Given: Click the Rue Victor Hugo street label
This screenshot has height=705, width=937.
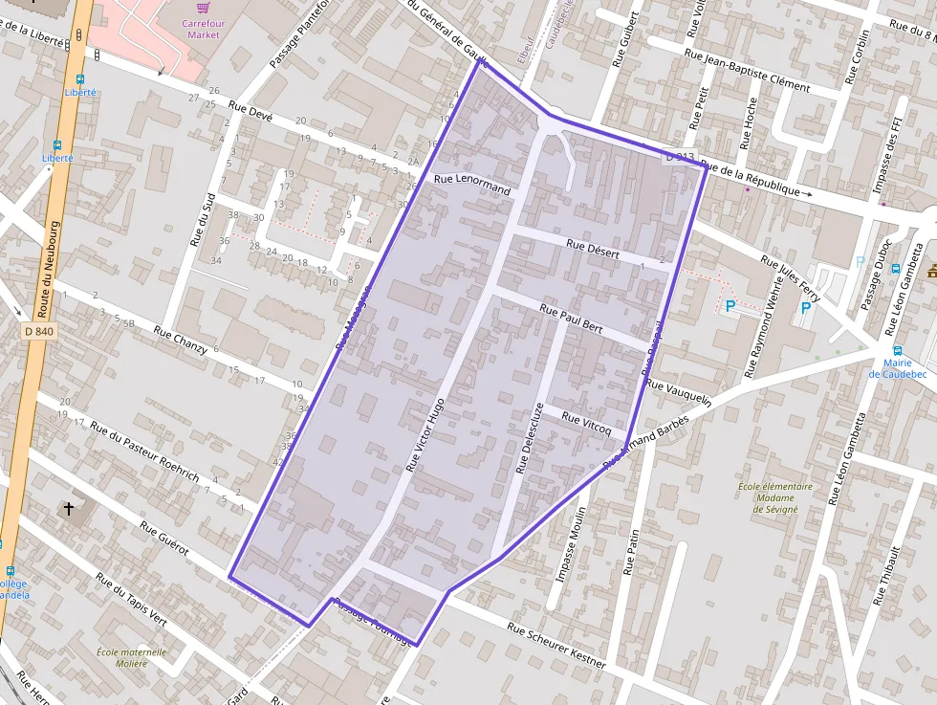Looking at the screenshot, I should (425, 435).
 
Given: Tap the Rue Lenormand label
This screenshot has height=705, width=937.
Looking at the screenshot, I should (472, 185).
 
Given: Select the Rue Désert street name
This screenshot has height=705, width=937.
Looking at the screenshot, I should (593, 250).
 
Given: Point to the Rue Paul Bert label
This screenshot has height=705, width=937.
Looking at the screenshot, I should (571, 318).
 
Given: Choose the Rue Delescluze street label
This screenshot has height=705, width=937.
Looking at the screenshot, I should (529, 437).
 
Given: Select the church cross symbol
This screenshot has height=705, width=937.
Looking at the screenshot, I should (69, 509).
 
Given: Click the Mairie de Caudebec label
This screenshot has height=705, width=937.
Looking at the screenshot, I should (899, 367).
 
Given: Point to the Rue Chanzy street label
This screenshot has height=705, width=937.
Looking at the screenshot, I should (181, 341).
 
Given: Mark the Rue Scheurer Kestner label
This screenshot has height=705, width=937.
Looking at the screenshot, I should (556, 646).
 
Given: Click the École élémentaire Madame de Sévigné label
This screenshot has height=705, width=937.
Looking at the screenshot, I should (774, 497).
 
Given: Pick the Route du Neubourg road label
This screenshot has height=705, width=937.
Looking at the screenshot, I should (49, 270).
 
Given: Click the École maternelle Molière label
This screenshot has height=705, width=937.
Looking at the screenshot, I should (131, 657).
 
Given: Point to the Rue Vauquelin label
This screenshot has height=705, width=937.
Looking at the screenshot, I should (679, 393).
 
